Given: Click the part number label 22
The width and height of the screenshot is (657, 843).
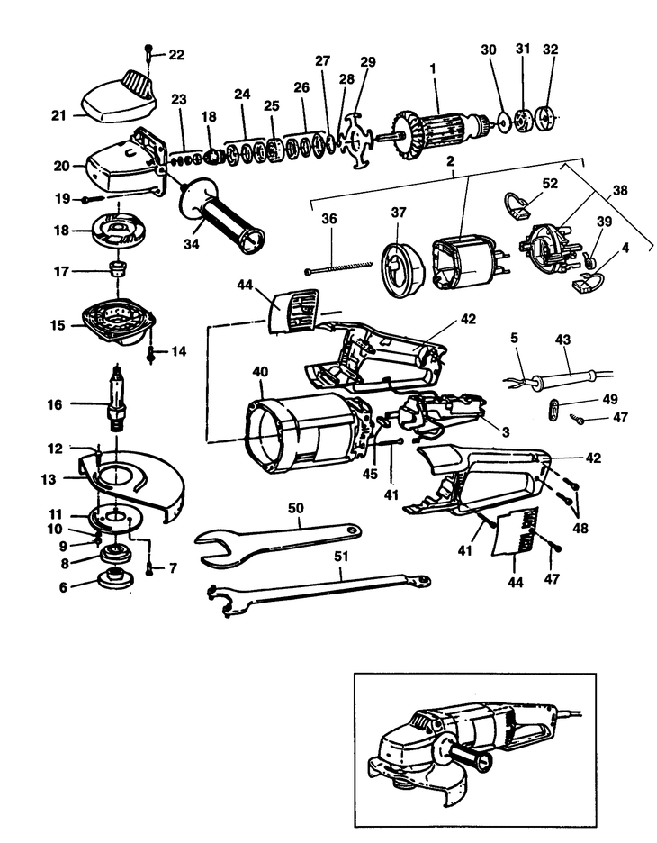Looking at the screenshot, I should click(x=175, y=55).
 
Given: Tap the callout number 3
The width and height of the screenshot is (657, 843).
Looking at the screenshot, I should click(x=507, y=433).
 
